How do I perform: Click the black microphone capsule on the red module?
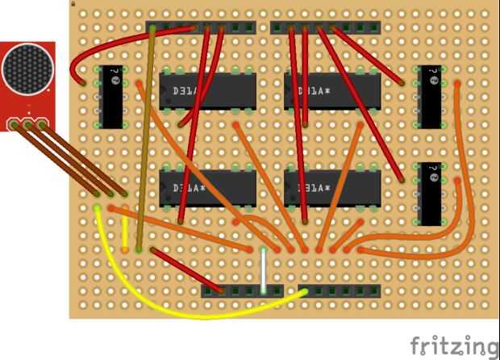27,69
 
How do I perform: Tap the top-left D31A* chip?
207,90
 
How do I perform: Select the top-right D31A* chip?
332,90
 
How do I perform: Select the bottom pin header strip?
290,290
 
